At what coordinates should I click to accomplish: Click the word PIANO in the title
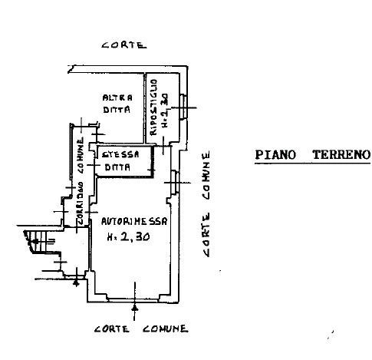(275, 155)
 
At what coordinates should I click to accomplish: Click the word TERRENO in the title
(341, 154)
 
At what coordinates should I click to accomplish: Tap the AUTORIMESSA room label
(134, 221)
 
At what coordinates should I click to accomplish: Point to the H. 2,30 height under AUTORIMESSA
(128, 236)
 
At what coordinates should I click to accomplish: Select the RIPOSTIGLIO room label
(153, 107)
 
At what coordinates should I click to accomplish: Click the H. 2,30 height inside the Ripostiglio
(165, 111)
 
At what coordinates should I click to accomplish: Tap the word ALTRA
(117, 97)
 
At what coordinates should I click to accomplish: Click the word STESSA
(120, 154)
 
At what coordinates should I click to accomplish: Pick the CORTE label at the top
(124, 45)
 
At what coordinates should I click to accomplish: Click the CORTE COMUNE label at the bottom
(141, 329)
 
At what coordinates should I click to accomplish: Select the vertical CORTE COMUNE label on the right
(206, 204)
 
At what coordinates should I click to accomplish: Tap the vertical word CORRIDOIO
(81, 203)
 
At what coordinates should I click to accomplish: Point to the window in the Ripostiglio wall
(183, 107)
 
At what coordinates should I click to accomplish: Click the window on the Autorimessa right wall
(175, 182)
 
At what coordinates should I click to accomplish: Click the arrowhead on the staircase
(35, 241)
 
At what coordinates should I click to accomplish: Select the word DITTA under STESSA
(117, 167)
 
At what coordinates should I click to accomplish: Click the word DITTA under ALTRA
(117, 110)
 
